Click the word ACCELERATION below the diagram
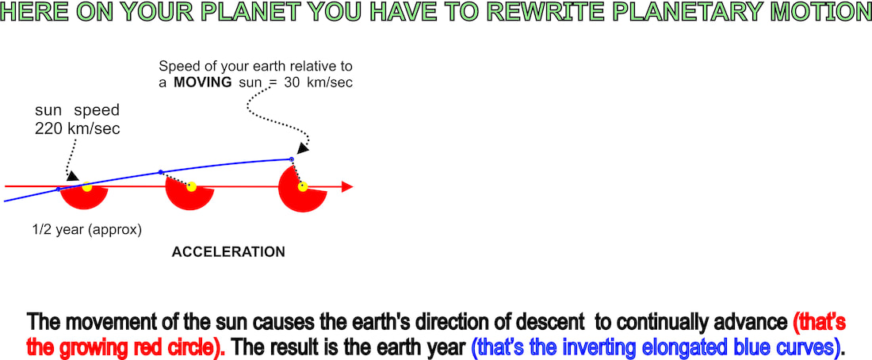pyautogui.click(x=228, y=252)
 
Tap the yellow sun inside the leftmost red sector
pyautogui.click(x=86, y=187)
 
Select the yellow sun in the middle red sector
pyautogui.click(x=191, y=186)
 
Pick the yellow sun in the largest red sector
pyautogui.click(x=303, y=186)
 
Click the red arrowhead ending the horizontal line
pyautogui.click(x=347, y=187)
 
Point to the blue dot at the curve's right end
pyautogui.click(x=292, y=159)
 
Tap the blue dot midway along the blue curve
pyautogui.click(x=161, y=172)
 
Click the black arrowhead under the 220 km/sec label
pyautogui.click(x=72, y=176)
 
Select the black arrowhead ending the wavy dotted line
pyautogui.click(x=303, y=148)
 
